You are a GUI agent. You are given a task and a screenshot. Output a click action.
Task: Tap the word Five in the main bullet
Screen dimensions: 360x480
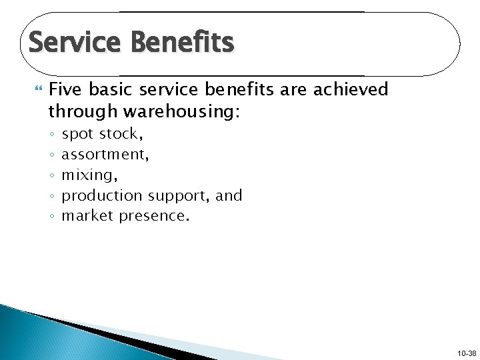(65, 90)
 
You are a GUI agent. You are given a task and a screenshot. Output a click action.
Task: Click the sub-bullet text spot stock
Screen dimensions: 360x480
(102, 134)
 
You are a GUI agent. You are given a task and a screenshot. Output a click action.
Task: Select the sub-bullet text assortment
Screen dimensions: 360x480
(105, 155)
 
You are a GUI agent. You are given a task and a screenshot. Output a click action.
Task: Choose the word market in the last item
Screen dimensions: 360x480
(87, 216)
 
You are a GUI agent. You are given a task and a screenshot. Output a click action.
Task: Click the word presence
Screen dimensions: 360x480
(155, 216)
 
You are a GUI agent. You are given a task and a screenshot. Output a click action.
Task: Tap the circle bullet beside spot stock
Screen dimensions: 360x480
(51, 135)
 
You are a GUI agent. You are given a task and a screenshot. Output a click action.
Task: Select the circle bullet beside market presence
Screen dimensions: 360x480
(51, 217)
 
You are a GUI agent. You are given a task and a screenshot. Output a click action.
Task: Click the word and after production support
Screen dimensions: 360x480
(229, 196)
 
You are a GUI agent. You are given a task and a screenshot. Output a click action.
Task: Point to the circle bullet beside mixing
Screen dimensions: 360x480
(51, 177)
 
